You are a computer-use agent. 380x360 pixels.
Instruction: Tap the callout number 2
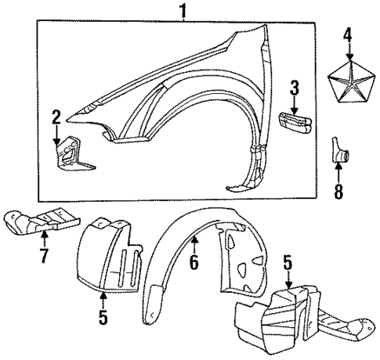point(56,117)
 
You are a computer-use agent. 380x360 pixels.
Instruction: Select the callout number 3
point(295,86)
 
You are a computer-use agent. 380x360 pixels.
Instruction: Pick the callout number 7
point(43,256)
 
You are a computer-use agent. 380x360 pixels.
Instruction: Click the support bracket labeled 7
point(43,221)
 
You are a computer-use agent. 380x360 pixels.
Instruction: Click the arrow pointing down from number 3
point(295,103)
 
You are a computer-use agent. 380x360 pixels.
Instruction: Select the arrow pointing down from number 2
point(56,134)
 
